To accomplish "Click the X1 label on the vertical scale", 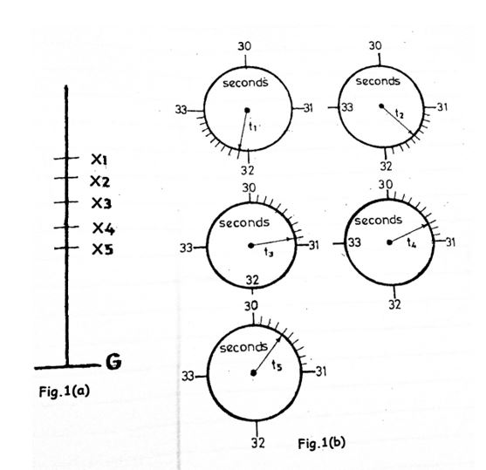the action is pos(99,160).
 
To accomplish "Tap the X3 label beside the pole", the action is pos(101,203).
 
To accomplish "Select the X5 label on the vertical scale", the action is pos(103,249).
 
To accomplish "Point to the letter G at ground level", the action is pos(113,361).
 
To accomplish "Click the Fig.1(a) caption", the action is pos(65,392).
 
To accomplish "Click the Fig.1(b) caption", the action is pos(321,443).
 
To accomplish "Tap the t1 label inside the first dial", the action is pos(253,126).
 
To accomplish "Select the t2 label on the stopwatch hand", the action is pos(400,113).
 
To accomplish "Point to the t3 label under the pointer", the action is pos(269,252).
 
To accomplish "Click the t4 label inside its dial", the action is pos(412,242).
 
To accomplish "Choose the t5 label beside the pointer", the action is pos(277,365).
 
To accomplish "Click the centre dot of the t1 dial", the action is pos(247,110).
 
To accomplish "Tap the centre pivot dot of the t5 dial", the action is pos(254,372).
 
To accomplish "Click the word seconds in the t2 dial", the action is pos(378,81).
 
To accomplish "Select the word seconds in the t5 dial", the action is pos(243,348).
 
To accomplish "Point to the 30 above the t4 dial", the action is pos(386,185).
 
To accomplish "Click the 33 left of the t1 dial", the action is pos(181,110).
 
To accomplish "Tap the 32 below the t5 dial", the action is pos(258,443).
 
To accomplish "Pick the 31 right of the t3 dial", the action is pos(314,245).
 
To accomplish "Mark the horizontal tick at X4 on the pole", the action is pos(66,227).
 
